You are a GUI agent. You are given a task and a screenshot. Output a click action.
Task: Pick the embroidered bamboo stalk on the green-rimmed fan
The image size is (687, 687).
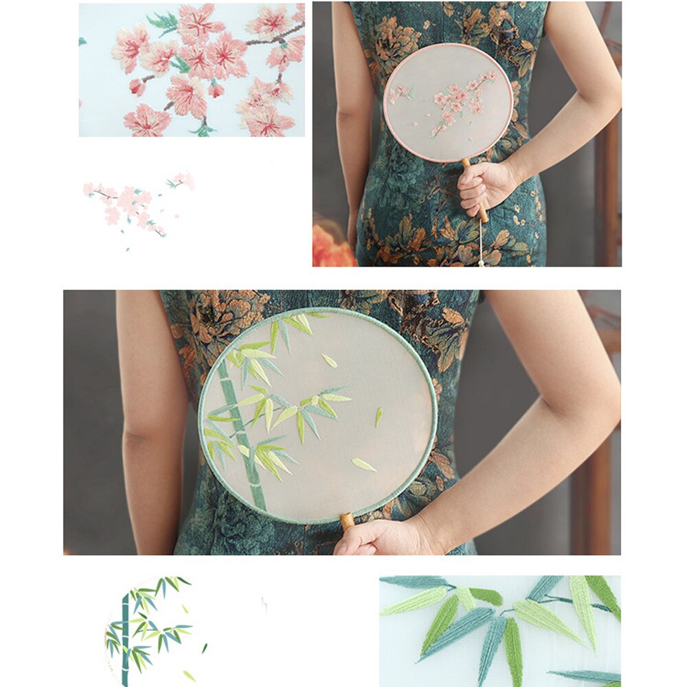240,433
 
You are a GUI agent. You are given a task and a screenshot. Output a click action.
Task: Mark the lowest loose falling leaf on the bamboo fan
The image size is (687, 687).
363,465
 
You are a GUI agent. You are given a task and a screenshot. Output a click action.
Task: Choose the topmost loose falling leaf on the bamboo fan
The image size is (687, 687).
330,361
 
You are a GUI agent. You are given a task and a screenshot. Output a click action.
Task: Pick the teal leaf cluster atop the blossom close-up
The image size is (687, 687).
164,22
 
